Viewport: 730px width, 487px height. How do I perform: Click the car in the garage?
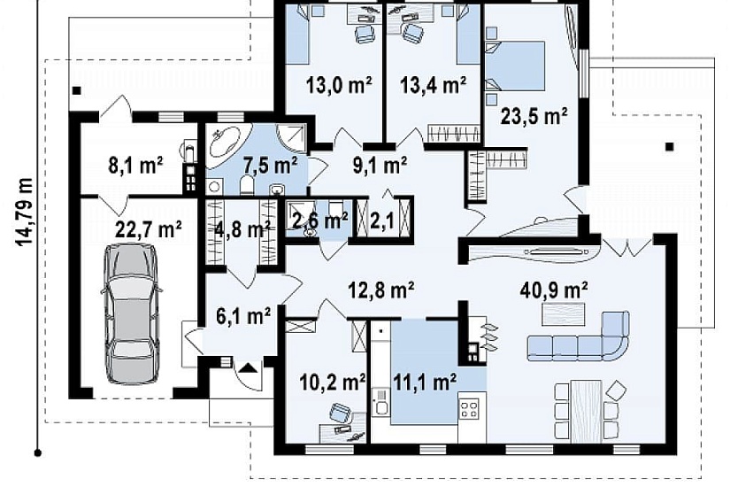coord(131,313)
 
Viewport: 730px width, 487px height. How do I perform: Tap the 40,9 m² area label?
coord(553,290)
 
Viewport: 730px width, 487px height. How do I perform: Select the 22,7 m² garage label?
coord(149,228)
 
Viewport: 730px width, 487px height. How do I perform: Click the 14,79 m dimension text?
coord(24,211)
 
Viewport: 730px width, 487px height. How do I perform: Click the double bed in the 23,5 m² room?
coord(515,66)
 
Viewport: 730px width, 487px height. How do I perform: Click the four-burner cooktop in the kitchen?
coord(468,409)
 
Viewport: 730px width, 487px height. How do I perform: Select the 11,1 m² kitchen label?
coord(425,383)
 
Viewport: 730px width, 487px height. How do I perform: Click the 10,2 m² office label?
coord(333,383)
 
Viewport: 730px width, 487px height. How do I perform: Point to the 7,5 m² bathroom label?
coord(271,166)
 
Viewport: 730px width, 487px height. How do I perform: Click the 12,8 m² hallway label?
coord(381,290)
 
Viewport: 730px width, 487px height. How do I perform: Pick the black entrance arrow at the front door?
coord(248,367)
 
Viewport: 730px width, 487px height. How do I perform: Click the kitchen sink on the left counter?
coord(380,402)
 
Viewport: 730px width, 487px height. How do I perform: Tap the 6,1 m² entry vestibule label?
coord(243,317)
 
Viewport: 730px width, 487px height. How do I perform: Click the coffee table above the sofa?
coord(564,314)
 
